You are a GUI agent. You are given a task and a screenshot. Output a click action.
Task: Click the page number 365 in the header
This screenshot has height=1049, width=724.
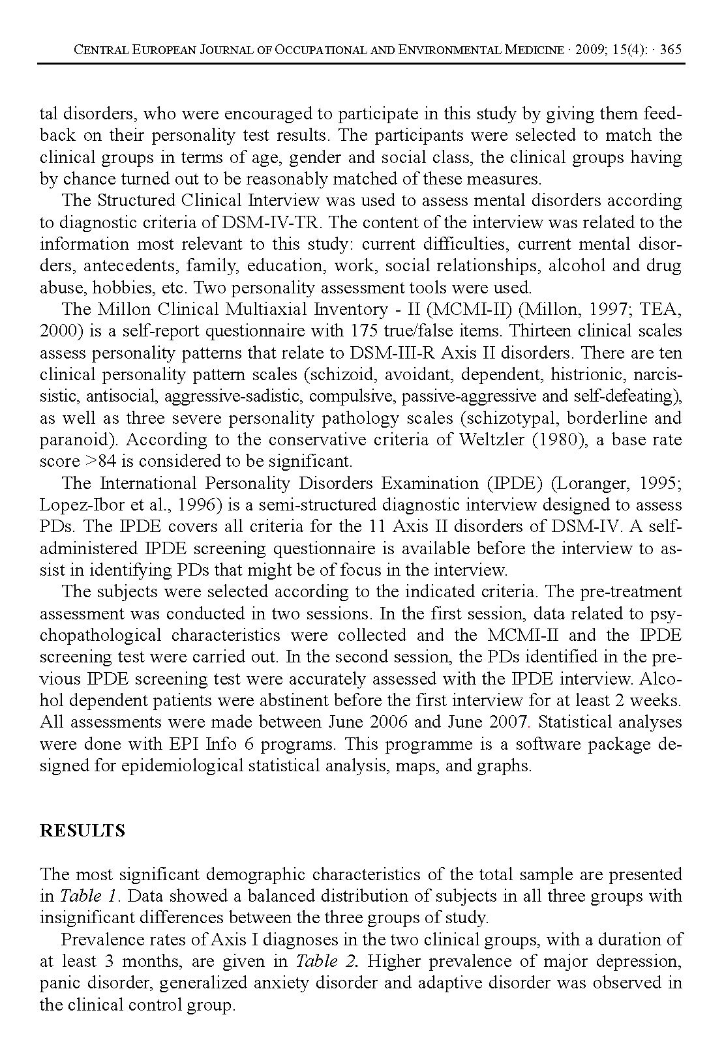[x=671, y=50]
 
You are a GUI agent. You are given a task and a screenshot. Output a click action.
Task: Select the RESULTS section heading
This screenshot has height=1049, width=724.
[x=82, y=831]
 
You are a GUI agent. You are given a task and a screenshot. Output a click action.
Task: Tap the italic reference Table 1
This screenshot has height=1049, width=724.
[x=88, y=896]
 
